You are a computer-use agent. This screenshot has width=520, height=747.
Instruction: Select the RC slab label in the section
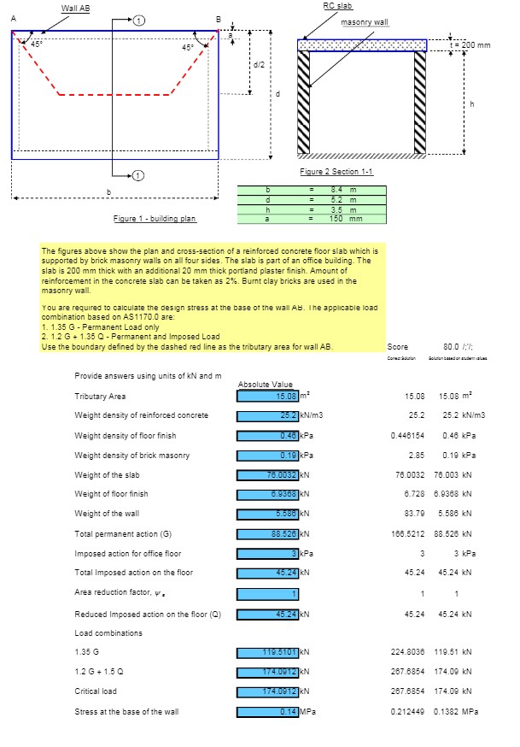337,6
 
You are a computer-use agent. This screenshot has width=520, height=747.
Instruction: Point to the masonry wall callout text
365,22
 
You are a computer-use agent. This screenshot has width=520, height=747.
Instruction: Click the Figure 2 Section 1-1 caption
336,172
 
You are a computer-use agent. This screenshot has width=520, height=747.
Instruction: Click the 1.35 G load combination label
86,652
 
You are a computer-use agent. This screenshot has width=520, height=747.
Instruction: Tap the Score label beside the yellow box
397,347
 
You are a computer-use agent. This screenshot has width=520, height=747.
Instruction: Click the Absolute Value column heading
265,385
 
